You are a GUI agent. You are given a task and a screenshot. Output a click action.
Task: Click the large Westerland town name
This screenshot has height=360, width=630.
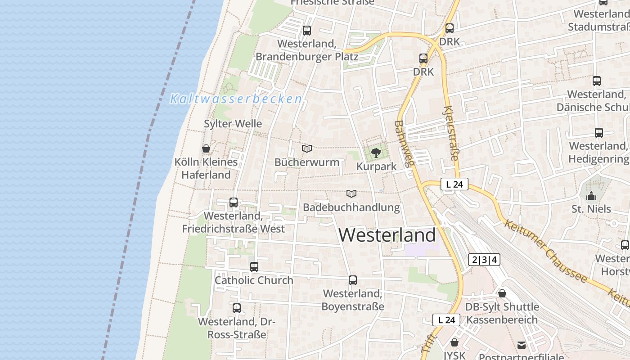[x=387, y=235]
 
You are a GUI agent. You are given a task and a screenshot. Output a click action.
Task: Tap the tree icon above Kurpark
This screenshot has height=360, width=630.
[x=376, y=153]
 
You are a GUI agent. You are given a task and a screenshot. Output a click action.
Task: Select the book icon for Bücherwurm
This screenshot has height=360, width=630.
[x=307, y=148]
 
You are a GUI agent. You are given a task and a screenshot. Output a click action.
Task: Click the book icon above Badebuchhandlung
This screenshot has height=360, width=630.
[x=351, y=193]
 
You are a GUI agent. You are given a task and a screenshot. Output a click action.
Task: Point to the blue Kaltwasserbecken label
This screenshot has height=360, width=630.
[x=236, y=99]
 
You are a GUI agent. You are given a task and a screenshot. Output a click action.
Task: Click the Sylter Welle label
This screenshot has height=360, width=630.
[x=233, y=124]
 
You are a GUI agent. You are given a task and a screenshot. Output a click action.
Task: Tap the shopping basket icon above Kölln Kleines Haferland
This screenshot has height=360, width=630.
[x=206, y=148]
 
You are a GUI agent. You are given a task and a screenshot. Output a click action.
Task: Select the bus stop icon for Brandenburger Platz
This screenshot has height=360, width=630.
[x=307, y=31]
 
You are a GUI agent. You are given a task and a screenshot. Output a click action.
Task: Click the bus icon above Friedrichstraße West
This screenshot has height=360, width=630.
[x=234, y=202]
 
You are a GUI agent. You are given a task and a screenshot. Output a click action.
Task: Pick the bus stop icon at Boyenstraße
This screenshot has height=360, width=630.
[x=353, y=280]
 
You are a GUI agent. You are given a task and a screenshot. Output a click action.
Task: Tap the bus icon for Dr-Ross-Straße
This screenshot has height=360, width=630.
[x=237, y=308]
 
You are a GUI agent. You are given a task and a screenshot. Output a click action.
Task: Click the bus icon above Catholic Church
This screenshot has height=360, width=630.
[x=254, y=267]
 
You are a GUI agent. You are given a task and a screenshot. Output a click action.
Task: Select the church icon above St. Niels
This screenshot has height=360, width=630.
[x=591, y=196]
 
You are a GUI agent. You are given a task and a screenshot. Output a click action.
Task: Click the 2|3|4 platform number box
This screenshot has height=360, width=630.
[x=484, y=260]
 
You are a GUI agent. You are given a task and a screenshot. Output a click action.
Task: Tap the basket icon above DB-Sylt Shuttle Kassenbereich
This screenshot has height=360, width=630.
[x=502, y=293]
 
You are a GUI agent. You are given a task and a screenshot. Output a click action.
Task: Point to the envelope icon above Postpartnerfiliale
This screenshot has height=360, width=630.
[x=522, y=345]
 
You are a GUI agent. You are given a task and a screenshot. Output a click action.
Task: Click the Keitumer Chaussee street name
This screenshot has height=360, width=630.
[x=545, y=251]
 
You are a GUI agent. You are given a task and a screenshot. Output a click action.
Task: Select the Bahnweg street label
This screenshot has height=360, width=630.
[x=404, y=143]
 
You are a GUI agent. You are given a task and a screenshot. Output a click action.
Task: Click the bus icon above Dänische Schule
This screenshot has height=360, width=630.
[x=597, y=81]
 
